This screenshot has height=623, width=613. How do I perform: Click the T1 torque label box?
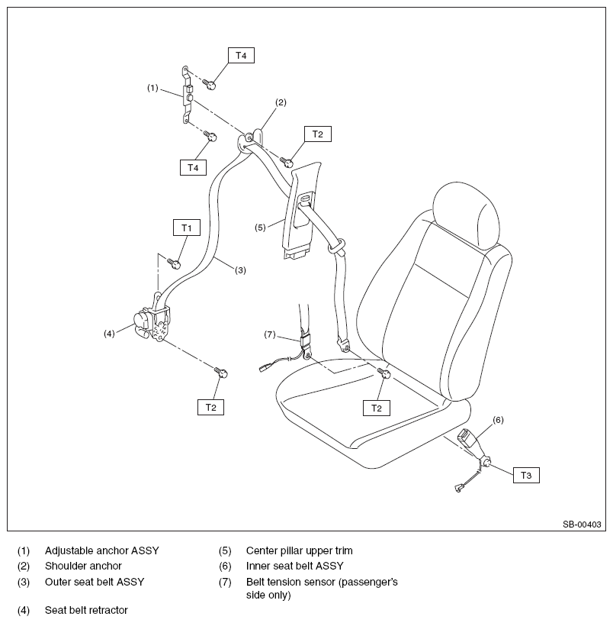186,228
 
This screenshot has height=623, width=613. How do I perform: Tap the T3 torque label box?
526,475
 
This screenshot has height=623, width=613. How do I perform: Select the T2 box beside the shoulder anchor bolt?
318,134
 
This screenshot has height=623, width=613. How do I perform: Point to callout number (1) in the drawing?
152,88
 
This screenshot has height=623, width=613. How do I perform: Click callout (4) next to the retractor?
109,333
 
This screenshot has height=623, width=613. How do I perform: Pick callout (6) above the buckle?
498,419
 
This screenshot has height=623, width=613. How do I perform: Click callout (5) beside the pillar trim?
259,227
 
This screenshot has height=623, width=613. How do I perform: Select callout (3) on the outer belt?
240,270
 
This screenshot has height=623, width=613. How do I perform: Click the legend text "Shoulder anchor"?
83,566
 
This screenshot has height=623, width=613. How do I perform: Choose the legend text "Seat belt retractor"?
86,610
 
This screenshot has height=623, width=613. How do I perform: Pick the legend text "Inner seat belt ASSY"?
294,566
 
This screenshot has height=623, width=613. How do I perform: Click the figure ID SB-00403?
583,525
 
